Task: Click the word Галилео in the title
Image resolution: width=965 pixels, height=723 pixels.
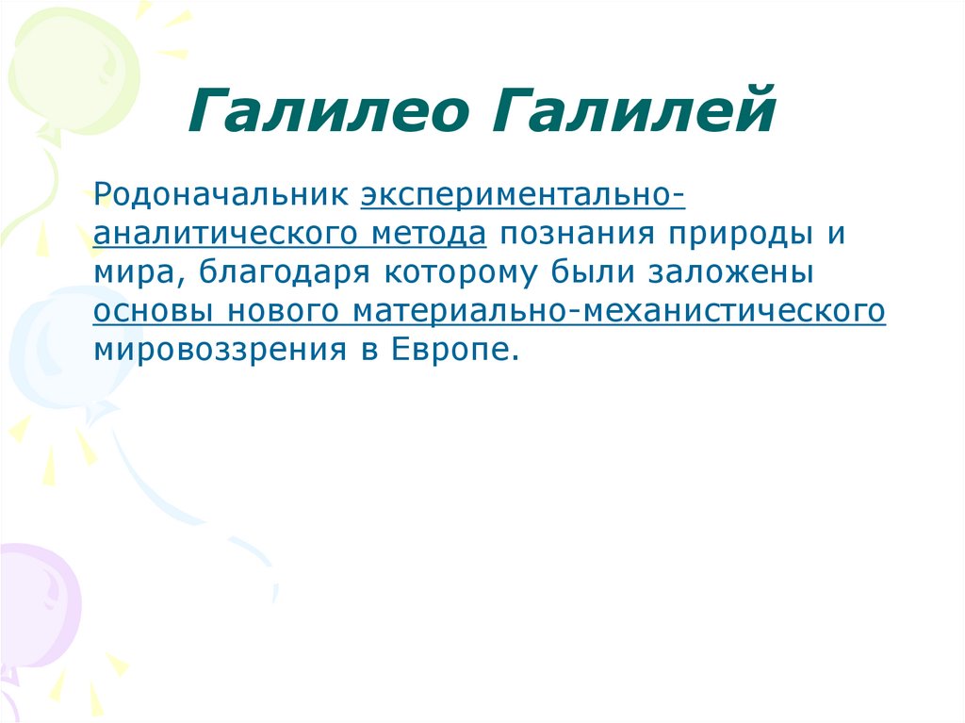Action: [329, 111]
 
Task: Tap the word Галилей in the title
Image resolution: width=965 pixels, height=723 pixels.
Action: [630, 111]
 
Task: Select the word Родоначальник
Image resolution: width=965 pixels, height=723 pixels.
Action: [221, 196]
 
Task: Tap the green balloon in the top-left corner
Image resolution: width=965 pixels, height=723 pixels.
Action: [61, 66]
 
